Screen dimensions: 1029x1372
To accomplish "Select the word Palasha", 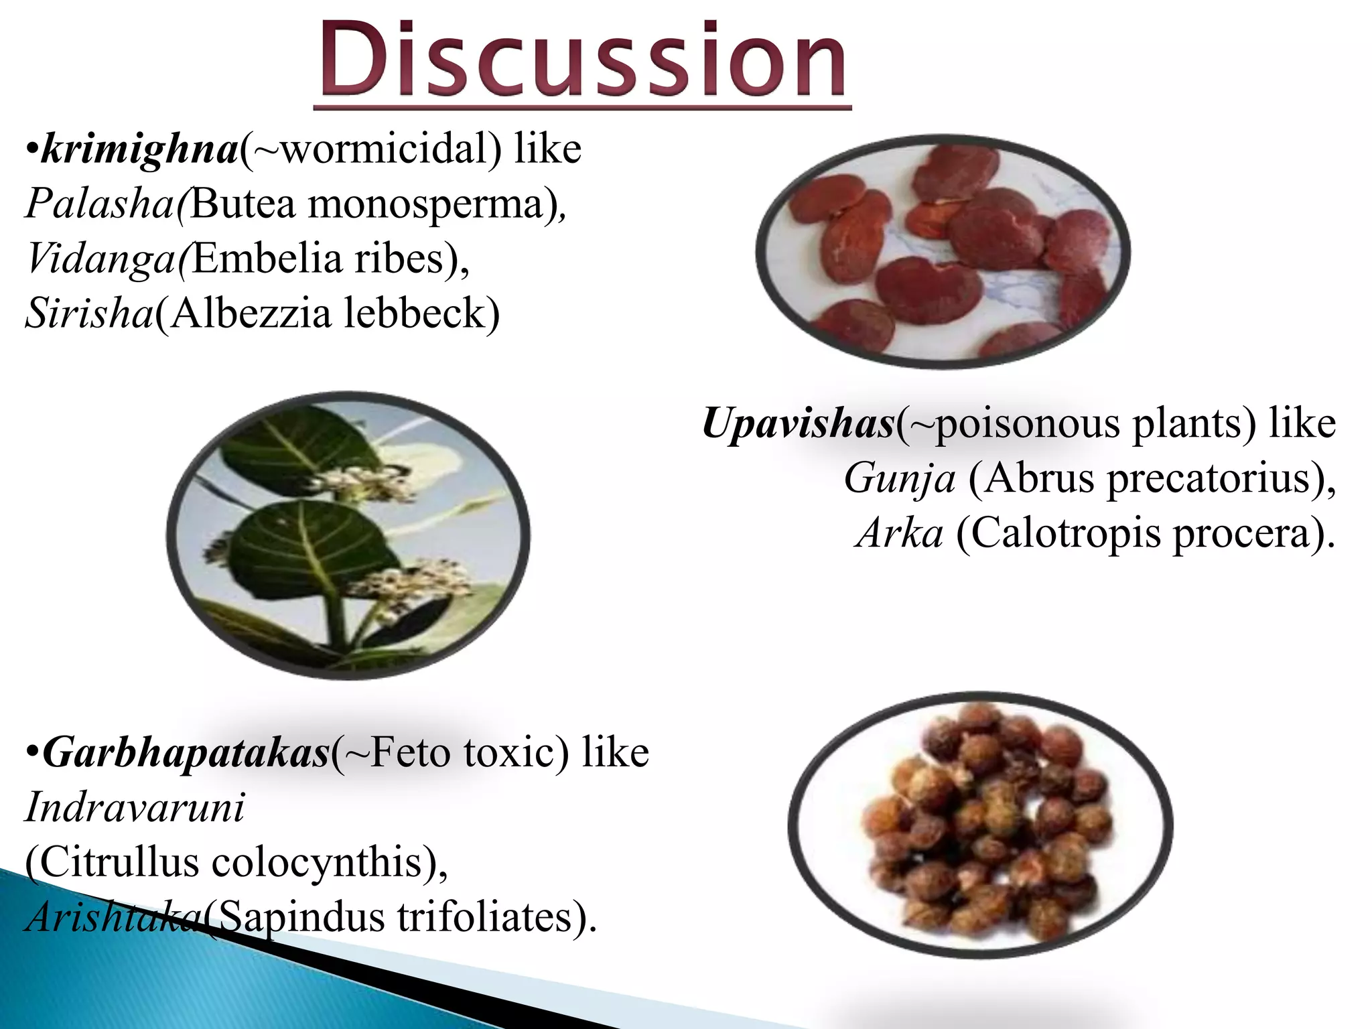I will [100, 204].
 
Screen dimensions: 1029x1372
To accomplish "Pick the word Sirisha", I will [90, 313].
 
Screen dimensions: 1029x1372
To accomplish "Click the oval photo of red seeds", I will [943, 251].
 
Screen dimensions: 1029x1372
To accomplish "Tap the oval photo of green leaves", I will [348, 536].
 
